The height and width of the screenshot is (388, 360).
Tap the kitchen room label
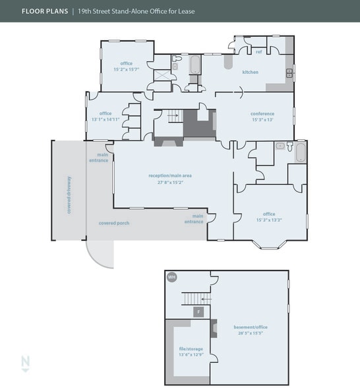[250, 72]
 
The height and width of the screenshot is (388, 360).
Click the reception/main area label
[170, 176]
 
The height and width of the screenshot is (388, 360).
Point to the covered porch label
[114, 223]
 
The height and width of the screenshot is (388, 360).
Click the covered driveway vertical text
[69, 195]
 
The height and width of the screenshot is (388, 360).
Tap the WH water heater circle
[172, 277]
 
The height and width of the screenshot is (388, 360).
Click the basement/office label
[251, 327]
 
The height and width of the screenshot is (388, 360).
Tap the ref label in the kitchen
[259, 51]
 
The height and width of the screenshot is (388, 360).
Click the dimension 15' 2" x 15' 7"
[125, 69]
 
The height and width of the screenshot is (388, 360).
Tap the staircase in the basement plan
[195, 298]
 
